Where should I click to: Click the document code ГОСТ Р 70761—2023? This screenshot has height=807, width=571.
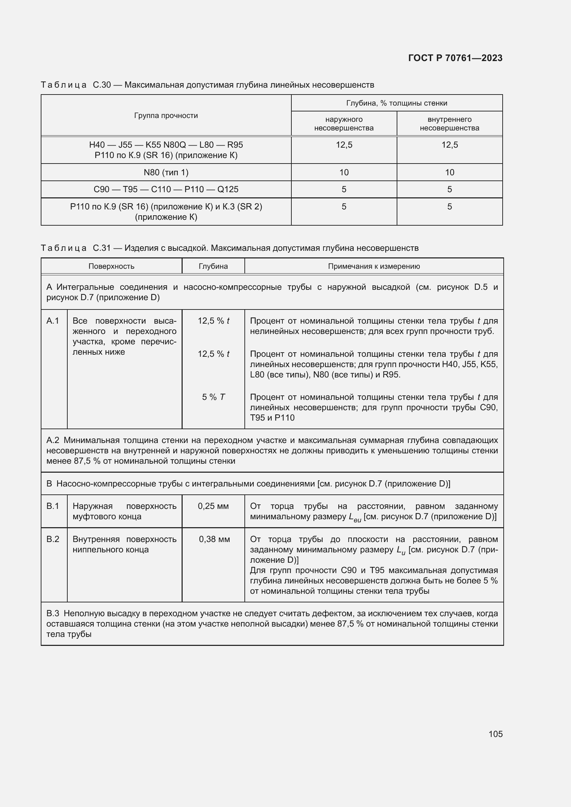point(455,58)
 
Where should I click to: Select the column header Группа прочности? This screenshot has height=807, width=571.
point(166,115)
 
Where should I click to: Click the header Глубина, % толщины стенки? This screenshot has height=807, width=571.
point(397,103)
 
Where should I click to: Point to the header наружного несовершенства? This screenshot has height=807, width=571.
point(343,124)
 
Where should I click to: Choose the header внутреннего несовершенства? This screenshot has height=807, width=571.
point(449,124)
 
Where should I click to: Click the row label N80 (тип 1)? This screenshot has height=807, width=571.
point(166,172)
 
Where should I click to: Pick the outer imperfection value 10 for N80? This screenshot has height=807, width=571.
point(343,172)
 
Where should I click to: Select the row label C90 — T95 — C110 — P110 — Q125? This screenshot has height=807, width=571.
point(166,189)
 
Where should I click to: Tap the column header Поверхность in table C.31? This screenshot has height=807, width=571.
point(111,266)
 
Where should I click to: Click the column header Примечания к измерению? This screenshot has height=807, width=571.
point(374,266)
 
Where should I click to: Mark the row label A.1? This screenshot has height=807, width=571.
point(53,321)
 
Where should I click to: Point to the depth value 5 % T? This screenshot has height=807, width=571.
point(213,397)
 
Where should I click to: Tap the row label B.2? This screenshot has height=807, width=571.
point(53,539)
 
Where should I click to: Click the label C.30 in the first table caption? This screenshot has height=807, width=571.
point(101,85)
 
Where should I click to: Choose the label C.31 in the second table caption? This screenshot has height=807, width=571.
point(101,248)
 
